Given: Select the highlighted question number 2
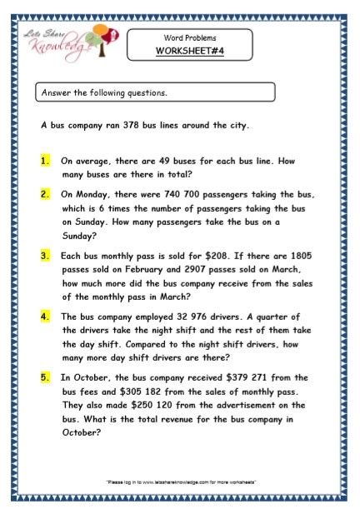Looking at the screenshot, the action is pos(45,193).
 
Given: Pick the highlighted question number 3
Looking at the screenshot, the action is pos(45,257).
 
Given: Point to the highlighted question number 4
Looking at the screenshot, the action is pos(45,316).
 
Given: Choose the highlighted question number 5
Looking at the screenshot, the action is pos(45,377).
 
